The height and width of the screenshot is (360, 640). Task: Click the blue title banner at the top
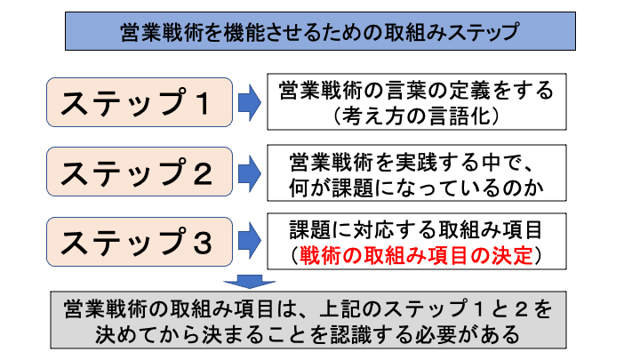point(319,33)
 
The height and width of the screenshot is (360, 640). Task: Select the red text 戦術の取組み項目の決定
point(417,255)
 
